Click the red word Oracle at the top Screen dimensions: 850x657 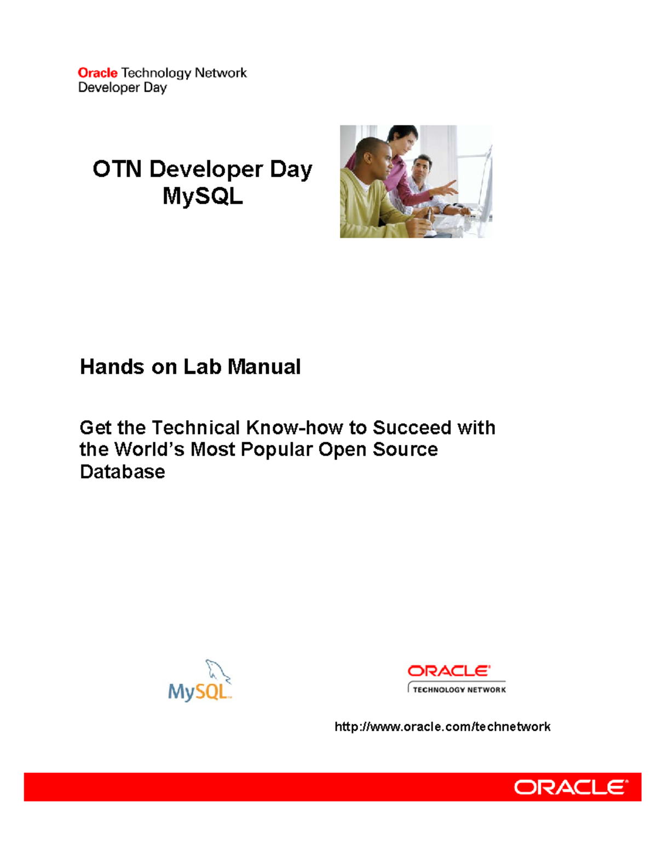point(97,73)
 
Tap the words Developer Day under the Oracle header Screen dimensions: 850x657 point(122,88)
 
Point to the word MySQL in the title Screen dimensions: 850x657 point(203,196)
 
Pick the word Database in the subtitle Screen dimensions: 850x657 point(122,472)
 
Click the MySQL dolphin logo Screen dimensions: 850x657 point(200,681)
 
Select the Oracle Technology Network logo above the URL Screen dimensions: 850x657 point(457,679)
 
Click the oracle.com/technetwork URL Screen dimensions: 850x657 point(442,726)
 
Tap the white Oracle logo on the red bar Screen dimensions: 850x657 point(570,787)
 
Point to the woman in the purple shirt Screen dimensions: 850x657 point(402,159)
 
